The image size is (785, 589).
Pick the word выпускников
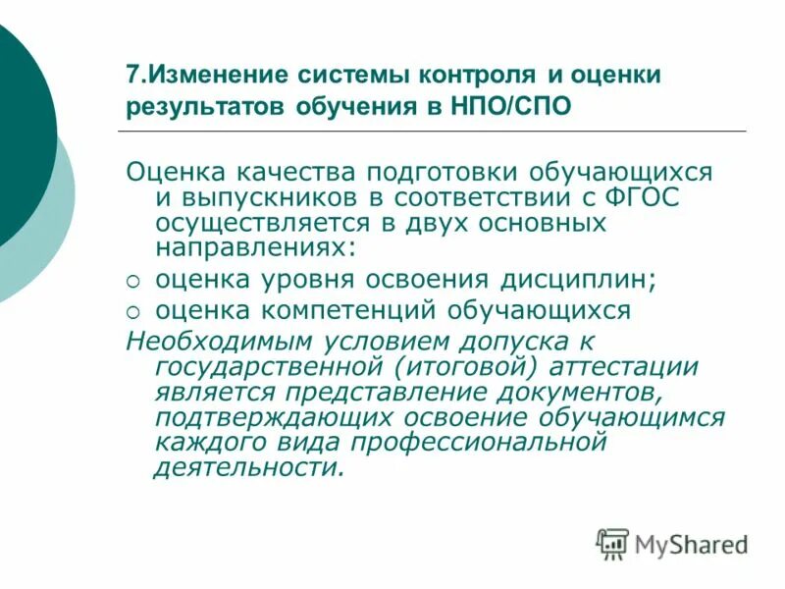tap(255, 197)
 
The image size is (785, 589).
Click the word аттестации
tap(630, 366)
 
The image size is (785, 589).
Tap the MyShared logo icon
tap(612, 544)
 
